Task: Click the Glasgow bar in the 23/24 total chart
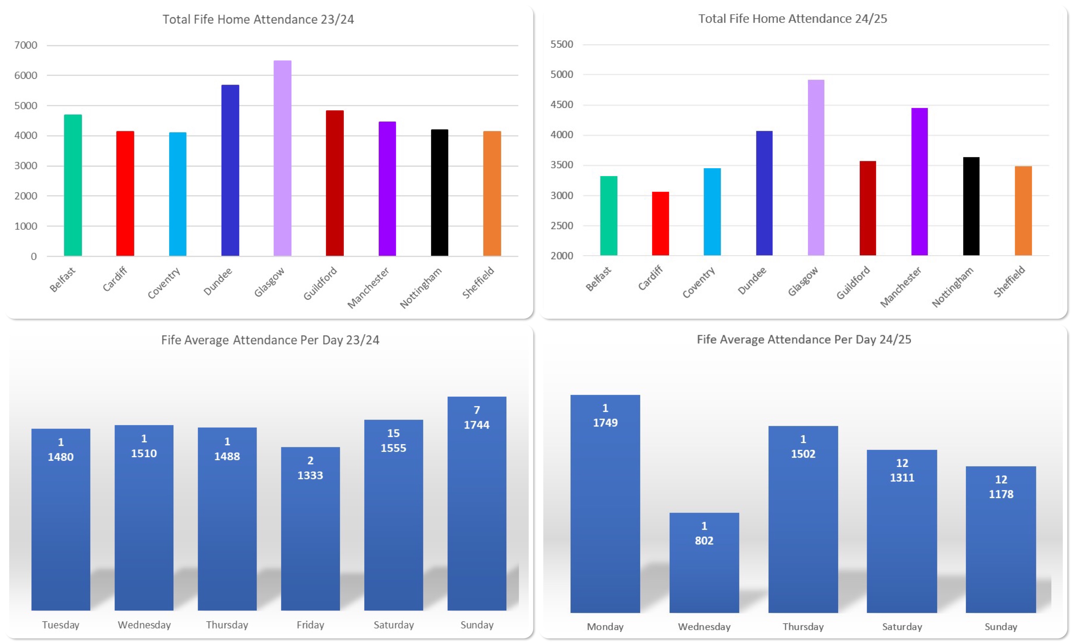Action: point(282,158)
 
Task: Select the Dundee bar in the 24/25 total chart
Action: point(764,193)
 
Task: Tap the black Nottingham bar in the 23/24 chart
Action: point(439,192)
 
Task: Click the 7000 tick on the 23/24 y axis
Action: point(26,45)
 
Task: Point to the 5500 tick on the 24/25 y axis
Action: point(562,44)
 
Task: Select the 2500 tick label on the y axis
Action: point(562,225)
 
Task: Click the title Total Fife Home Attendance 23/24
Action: point(258,19)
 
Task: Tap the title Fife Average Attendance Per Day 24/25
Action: point(804,339)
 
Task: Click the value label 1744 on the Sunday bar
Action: point(477,425)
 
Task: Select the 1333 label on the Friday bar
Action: point(310,475)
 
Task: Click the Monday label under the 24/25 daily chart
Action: point(605,627)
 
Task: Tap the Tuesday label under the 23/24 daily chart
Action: point(61,625)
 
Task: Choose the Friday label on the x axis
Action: point(310,625)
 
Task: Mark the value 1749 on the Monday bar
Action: point(605,422)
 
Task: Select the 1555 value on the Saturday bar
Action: point(393,448)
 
